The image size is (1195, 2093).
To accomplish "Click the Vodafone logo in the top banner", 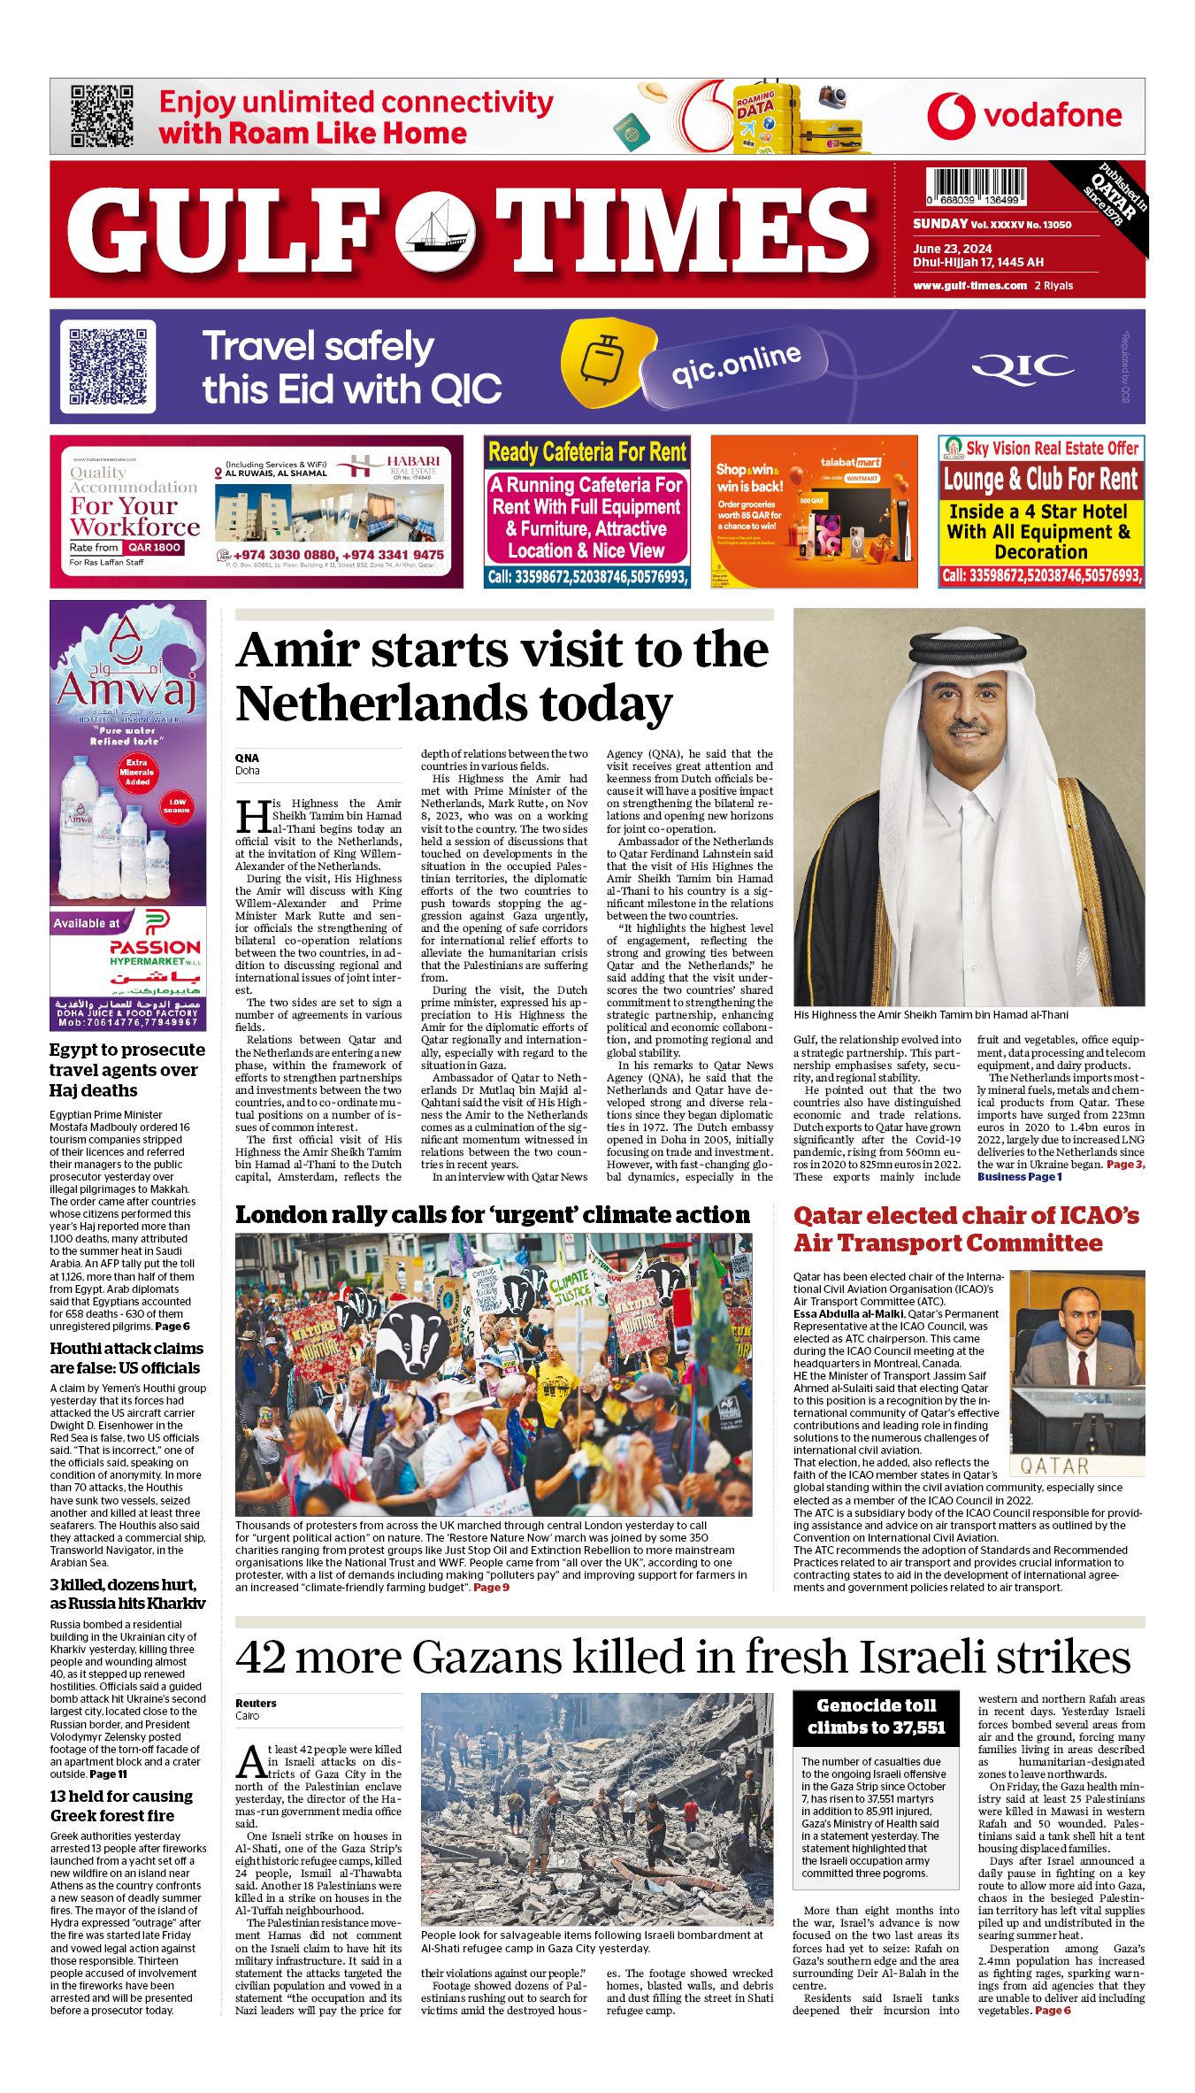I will coord(1023,116).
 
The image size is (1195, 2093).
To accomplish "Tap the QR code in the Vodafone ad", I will coord(102,116).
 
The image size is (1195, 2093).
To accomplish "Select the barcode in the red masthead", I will coord(976,188).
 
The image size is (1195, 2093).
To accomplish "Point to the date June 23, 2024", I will coord(952,249).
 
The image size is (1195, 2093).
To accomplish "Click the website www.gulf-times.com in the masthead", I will coord(969,286).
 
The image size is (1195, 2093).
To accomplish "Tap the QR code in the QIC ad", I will coord(108,366).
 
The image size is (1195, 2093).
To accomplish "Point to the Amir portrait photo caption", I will coord(931,1015).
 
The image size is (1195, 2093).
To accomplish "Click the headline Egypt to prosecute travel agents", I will coord(127,1070).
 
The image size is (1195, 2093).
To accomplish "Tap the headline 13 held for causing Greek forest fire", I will coord(121,1805).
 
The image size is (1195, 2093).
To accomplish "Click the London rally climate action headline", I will coord(492,1215).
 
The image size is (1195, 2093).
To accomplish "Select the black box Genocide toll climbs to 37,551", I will coord(876,1716).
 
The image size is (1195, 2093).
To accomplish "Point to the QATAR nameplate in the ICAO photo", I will coord(1054,1466).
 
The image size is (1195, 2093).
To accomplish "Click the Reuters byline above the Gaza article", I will coord(256,1703).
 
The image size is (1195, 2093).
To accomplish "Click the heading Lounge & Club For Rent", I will coord(1040,480).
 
